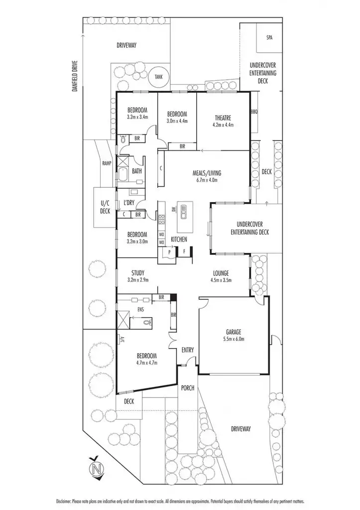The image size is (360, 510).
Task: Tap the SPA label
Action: point(270,37)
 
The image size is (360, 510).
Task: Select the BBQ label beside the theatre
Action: point(254,112)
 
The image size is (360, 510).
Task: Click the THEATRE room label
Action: point(223,118)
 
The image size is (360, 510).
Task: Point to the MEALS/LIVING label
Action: point(207,173)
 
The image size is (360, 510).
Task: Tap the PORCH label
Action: point(188,388)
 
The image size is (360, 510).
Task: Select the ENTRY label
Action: point(188,350)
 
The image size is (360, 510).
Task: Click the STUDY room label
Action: point(138,272)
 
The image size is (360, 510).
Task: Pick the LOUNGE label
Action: point(220,273)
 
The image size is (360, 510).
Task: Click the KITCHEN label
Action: point(179,240)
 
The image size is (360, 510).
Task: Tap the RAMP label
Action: point(106,163)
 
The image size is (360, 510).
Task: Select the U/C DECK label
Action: point(105,207)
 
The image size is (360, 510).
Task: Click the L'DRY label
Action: point(129,203)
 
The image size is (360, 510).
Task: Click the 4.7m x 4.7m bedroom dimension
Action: point(146,363)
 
